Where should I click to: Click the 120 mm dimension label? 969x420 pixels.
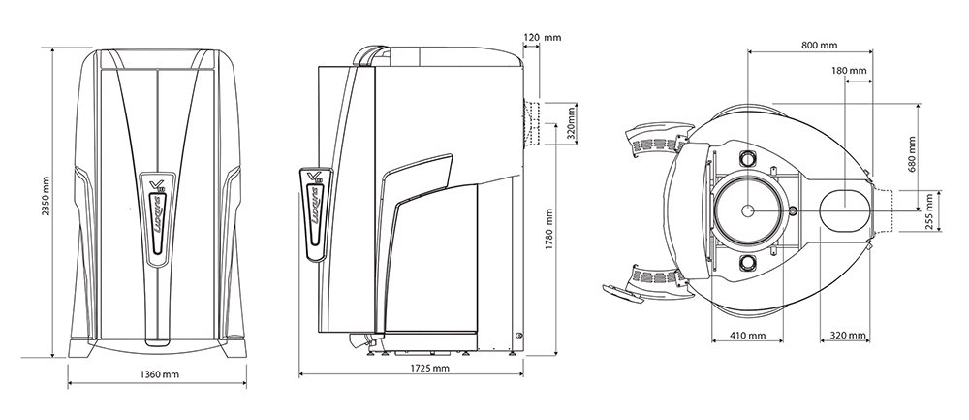coord(542,38)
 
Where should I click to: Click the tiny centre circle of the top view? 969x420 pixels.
coord(747,210)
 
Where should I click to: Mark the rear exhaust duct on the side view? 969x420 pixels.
coord(531,122)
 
